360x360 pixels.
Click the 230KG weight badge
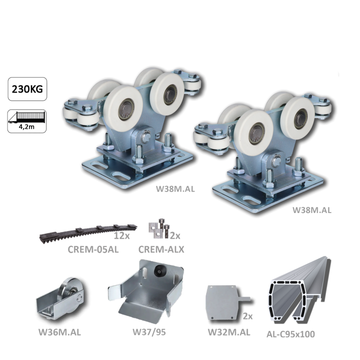27,89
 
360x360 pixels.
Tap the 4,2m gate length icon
27,121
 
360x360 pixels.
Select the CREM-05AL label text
93,249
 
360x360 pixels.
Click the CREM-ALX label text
161,249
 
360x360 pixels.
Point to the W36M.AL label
59,332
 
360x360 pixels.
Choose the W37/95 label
149,332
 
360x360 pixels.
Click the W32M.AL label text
229,332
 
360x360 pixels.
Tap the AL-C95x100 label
290,334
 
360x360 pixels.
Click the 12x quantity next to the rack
121,235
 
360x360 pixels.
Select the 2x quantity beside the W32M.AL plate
247,316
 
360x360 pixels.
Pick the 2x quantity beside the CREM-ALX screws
175,235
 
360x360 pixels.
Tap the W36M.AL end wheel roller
62,298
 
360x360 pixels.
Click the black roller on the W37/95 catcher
158,271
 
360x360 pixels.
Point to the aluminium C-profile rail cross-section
299,291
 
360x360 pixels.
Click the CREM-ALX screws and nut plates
159,228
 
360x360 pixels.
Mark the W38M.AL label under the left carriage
175,188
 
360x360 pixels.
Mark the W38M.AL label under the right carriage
312,210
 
